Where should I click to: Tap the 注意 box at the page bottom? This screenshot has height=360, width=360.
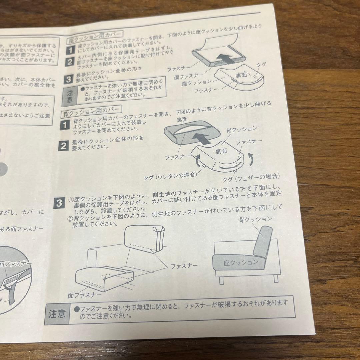pyautogui.click(x=57, y=314)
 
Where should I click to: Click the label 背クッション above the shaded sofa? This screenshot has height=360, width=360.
pyautogui.click(x=255, y=219)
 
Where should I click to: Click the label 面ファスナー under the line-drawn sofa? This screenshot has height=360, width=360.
pyautogui.click(x=85, y=295)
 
